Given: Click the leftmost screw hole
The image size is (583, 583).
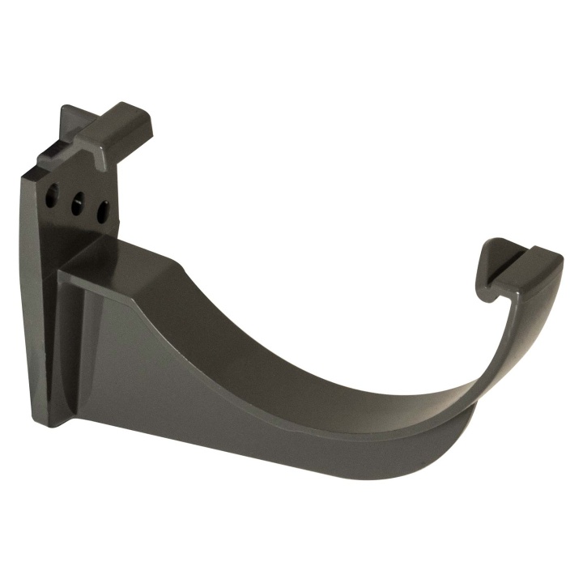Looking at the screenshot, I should click(x=53, y=196).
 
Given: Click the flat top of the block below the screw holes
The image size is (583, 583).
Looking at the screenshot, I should click(x=121, y=255).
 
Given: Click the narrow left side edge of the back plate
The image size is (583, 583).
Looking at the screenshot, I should click(x=28, y=283).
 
